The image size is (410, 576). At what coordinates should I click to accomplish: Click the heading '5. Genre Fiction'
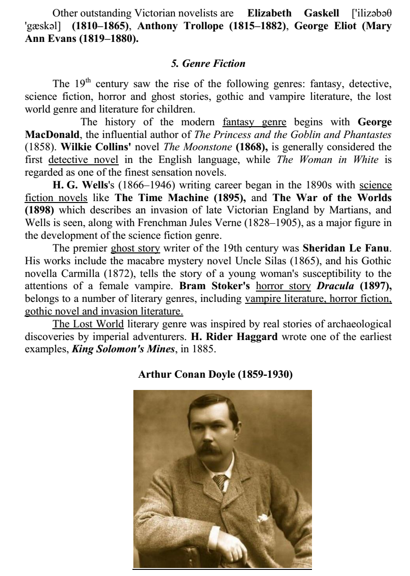[208, 63]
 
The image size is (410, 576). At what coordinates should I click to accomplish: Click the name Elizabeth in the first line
[269, 13]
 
